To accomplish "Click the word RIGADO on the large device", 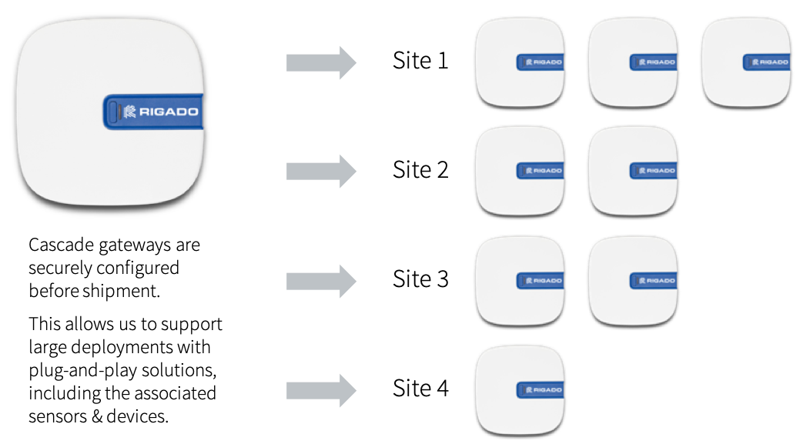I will [169, 112].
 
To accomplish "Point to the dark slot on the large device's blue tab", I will [113, 112].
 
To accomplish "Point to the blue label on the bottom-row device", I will [541, 390].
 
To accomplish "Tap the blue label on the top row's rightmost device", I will [767, 62].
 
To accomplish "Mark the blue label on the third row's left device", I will [541, 281].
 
